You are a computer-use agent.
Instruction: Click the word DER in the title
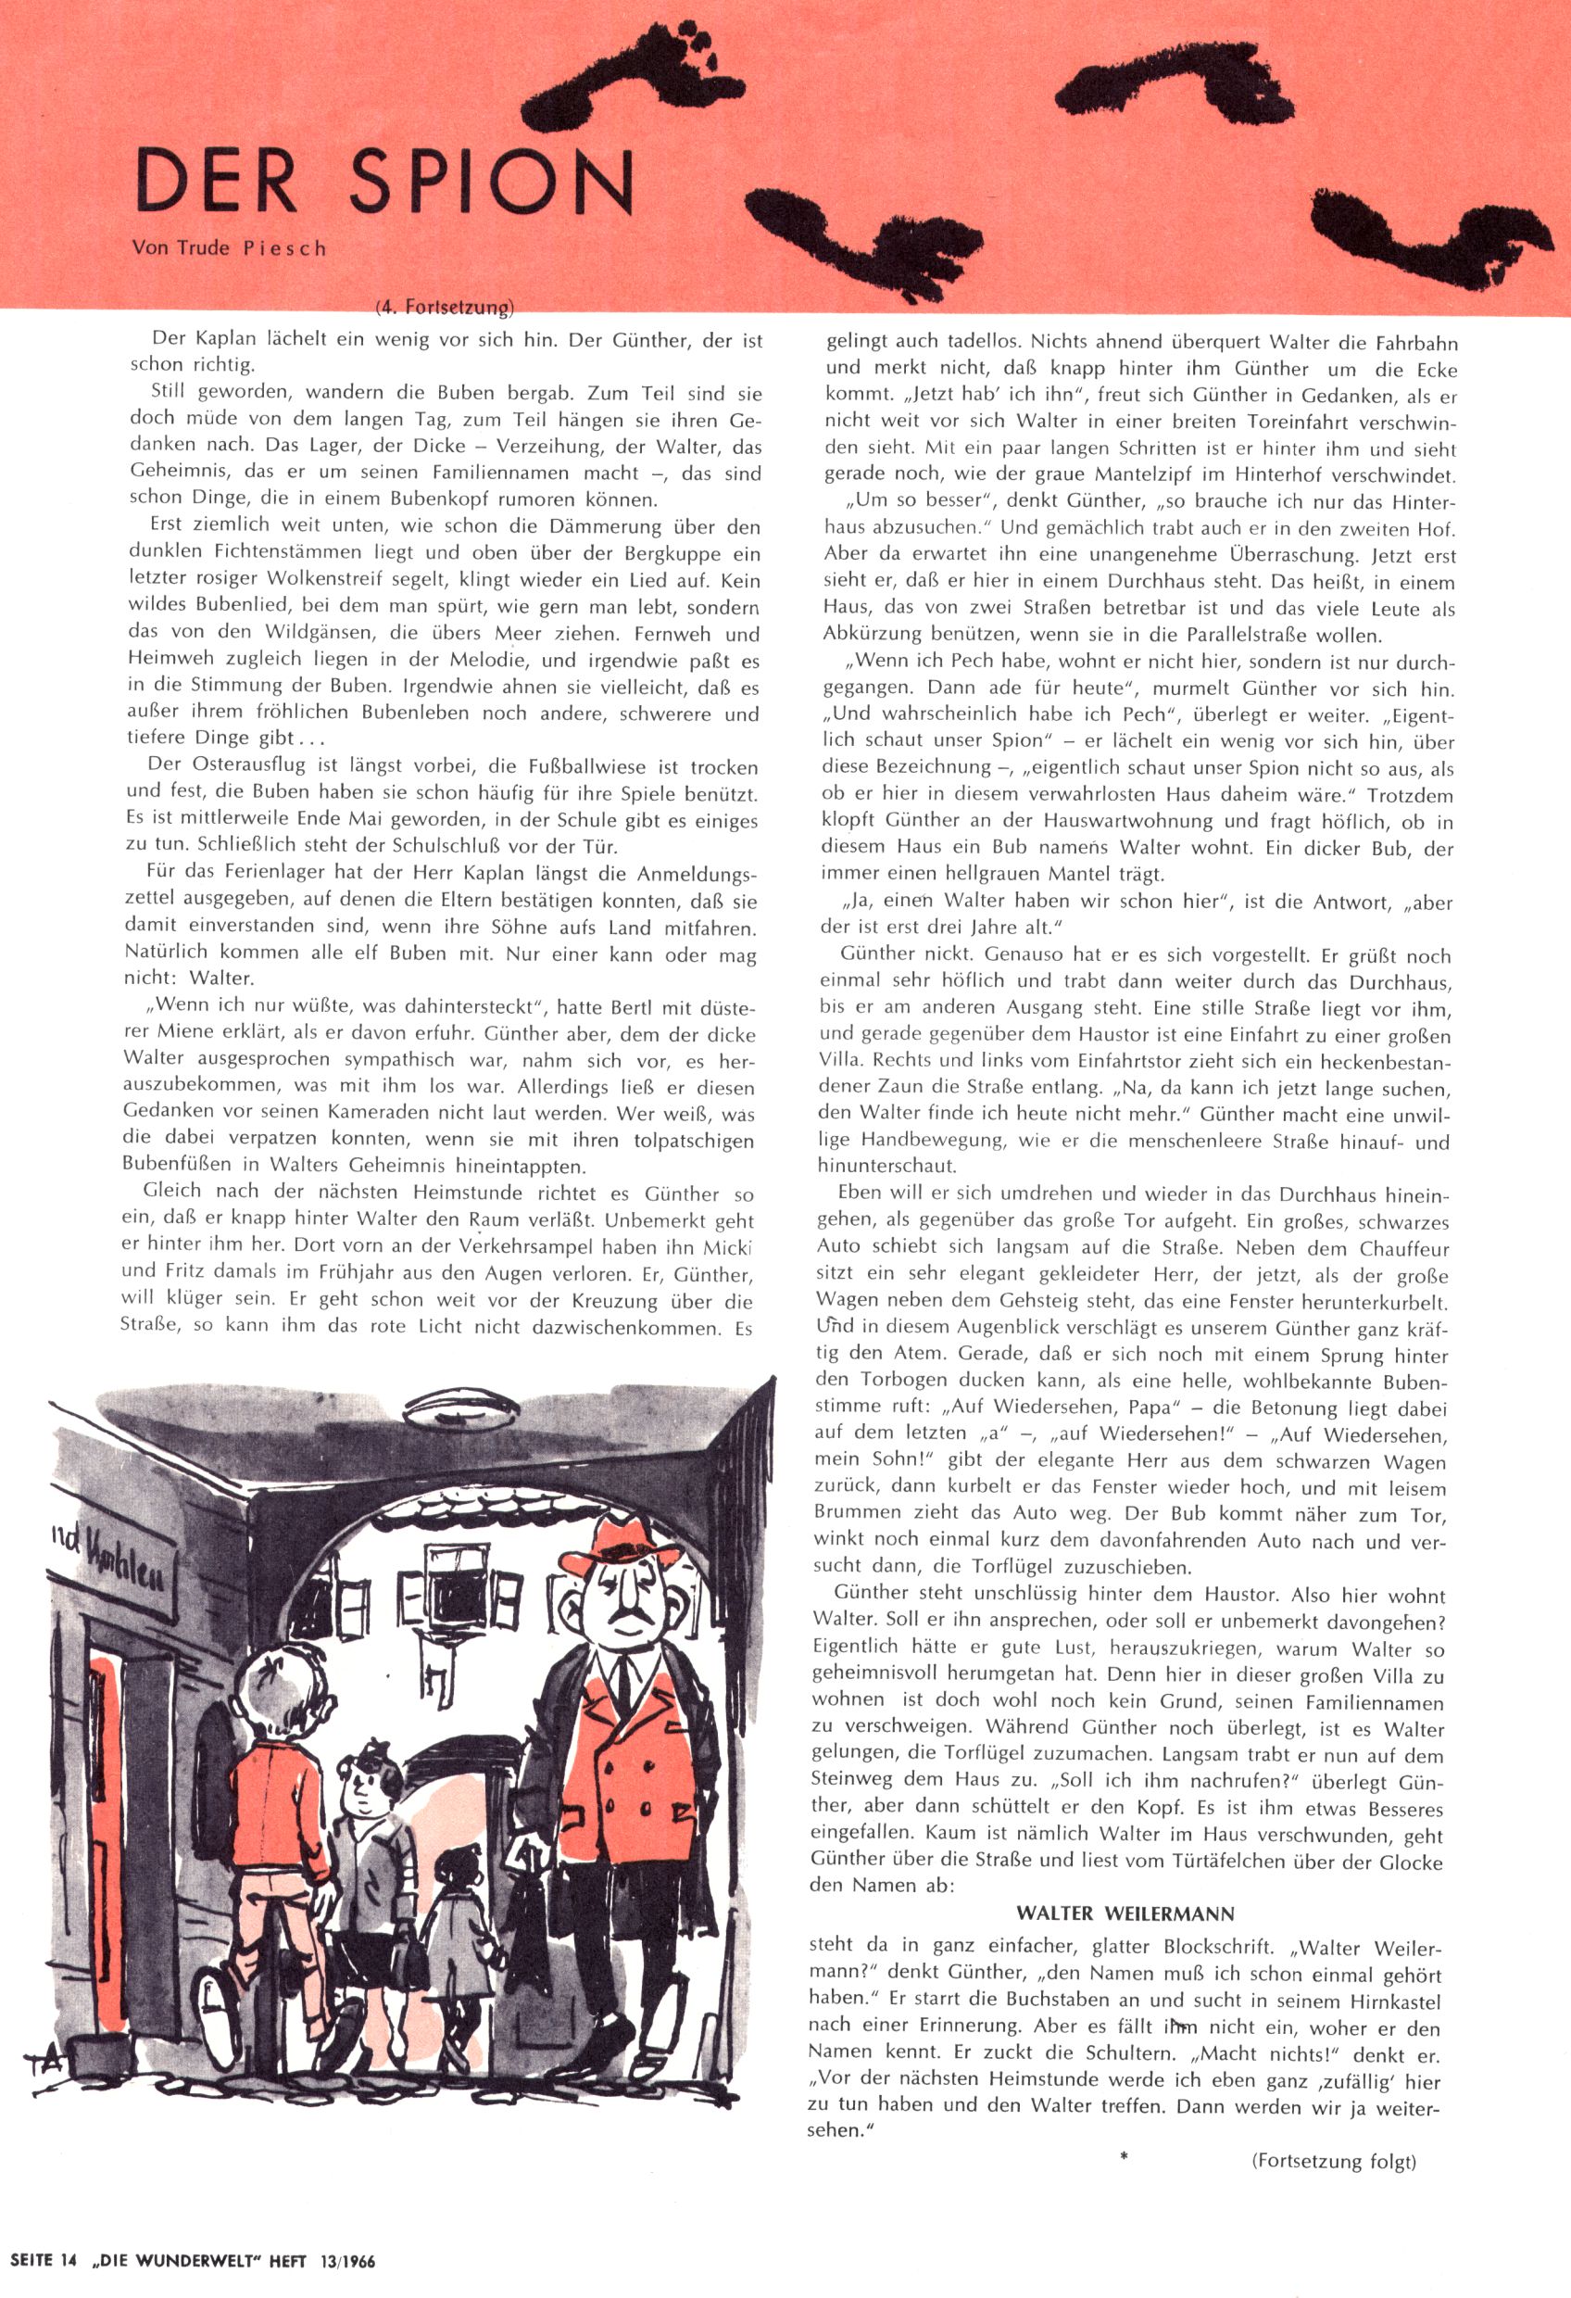tap(217, 182)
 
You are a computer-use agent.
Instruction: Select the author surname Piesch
tap(283, 248)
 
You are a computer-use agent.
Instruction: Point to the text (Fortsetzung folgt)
tap(1334, 2162)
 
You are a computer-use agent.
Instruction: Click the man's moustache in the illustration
tap(623, 1622)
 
